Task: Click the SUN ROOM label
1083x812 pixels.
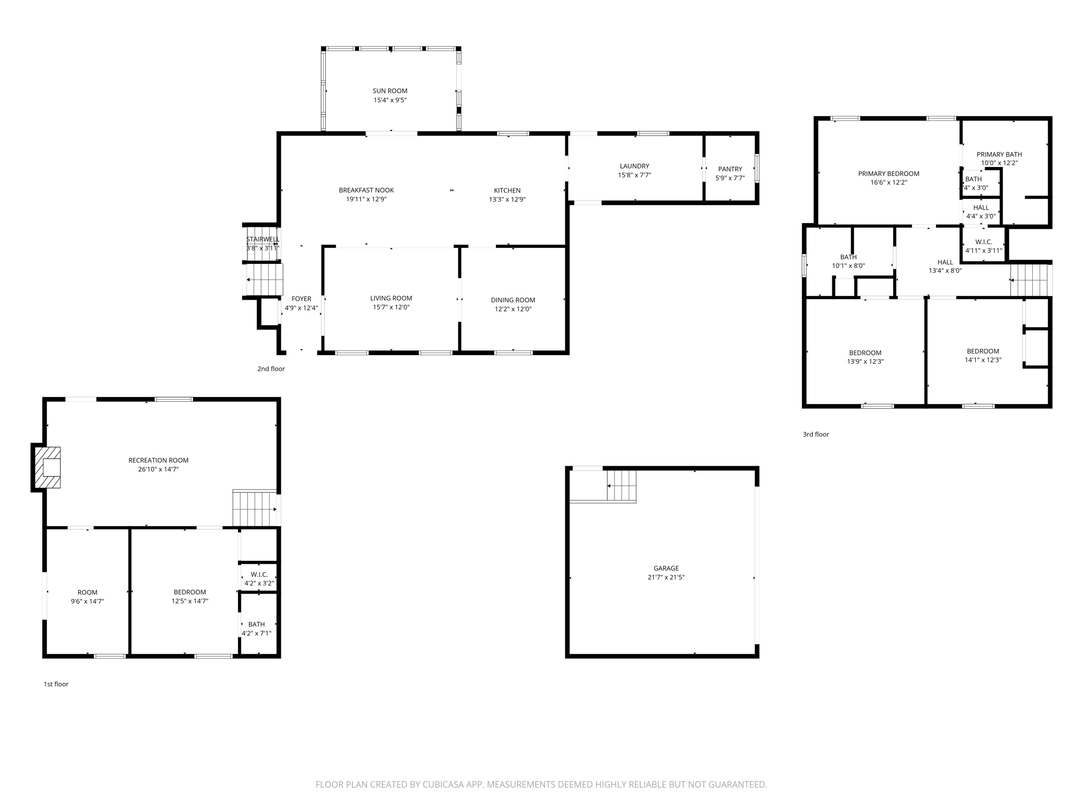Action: click(x=390, y=91)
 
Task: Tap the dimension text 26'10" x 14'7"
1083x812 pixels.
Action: click(x=158, y=469)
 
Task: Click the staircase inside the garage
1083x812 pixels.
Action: click(x=621, y=485)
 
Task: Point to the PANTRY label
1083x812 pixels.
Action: click(x=730, y=169)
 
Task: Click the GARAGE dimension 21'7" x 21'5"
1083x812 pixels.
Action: click(x=666, y=577)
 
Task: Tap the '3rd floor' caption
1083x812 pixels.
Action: click(x=815, y=435)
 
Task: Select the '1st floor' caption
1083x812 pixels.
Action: click(x=56, y=684)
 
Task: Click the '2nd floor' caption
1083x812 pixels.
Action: click(x=271, y=369)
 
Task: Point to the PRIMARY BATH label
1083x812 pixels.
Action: click(x=999, y=154)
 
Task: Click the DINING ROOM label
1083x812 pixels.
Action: click(x=512, y=300)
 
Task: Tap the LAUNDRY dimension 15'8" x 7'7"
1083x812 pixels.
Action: click(x=634, y=175)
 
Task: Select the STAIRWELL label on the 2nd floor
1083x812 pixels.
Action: click(x=262, y=239)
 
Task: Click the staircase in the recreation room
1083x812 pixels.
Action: click(x=254, y=509)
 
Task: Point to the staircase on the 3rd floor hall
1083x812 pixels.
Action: click(x=1029, y=280)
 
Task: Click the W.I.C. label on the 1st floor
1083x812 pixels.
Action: click(x=259, y=575)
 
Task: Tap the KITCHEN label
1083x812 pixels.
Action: click(x=507, y=190)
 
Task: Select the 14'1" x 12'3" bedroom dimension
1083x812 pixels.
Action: click(x=983, y=360)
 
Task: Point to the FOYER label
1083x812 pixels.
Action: click(x=301, y=299)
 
